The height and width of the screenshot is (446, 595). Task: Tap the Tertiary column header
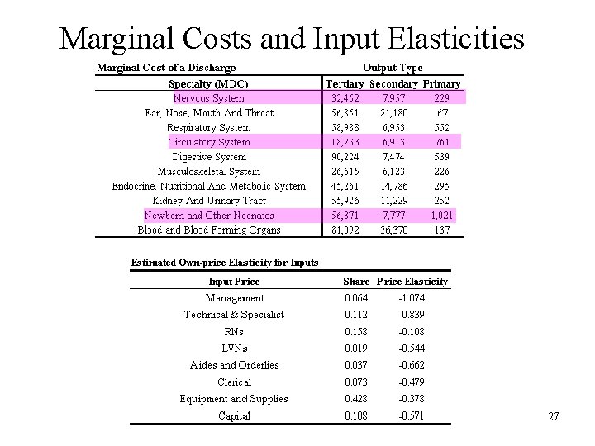click(x=345, y=83)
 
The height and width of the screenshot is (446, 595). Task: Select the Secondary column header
click(x=393, y=83)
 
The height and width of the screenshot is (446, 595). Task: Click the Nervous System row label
click(x=208, y=97)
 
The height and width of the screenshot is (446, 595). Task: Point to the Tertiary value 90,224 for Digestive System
click(x=345, y=156)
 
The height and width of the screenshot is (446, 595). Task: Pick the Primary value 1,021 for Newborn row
click(x=441, y=215)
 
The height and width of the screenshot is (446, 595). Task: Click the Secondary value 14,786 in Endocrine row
click(x=393, y=186)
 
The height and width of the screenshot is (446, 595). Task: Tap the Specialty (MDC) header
click(x=208, y=83)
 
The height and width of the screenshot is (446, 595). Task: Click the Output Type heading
click(x=393, y=68)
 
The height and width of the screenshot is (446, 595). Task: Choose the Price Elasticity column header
click(x=412, y=282)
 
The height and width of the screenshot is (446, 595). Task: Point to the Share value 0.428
click(x=356, y=399)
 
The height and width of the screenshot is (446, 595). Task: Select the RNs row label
click(x=234, y=332)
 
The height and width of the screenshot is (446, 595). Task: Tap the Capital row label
click(x=234, y=416)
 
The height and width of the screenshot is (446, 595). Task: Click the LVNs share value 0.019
click(x=356, y=349)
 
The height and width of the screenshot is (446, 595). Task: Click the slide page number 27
click(x=553, y=417)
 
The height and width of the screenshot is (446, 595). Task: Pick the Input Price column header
click(x=234, y=282)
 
